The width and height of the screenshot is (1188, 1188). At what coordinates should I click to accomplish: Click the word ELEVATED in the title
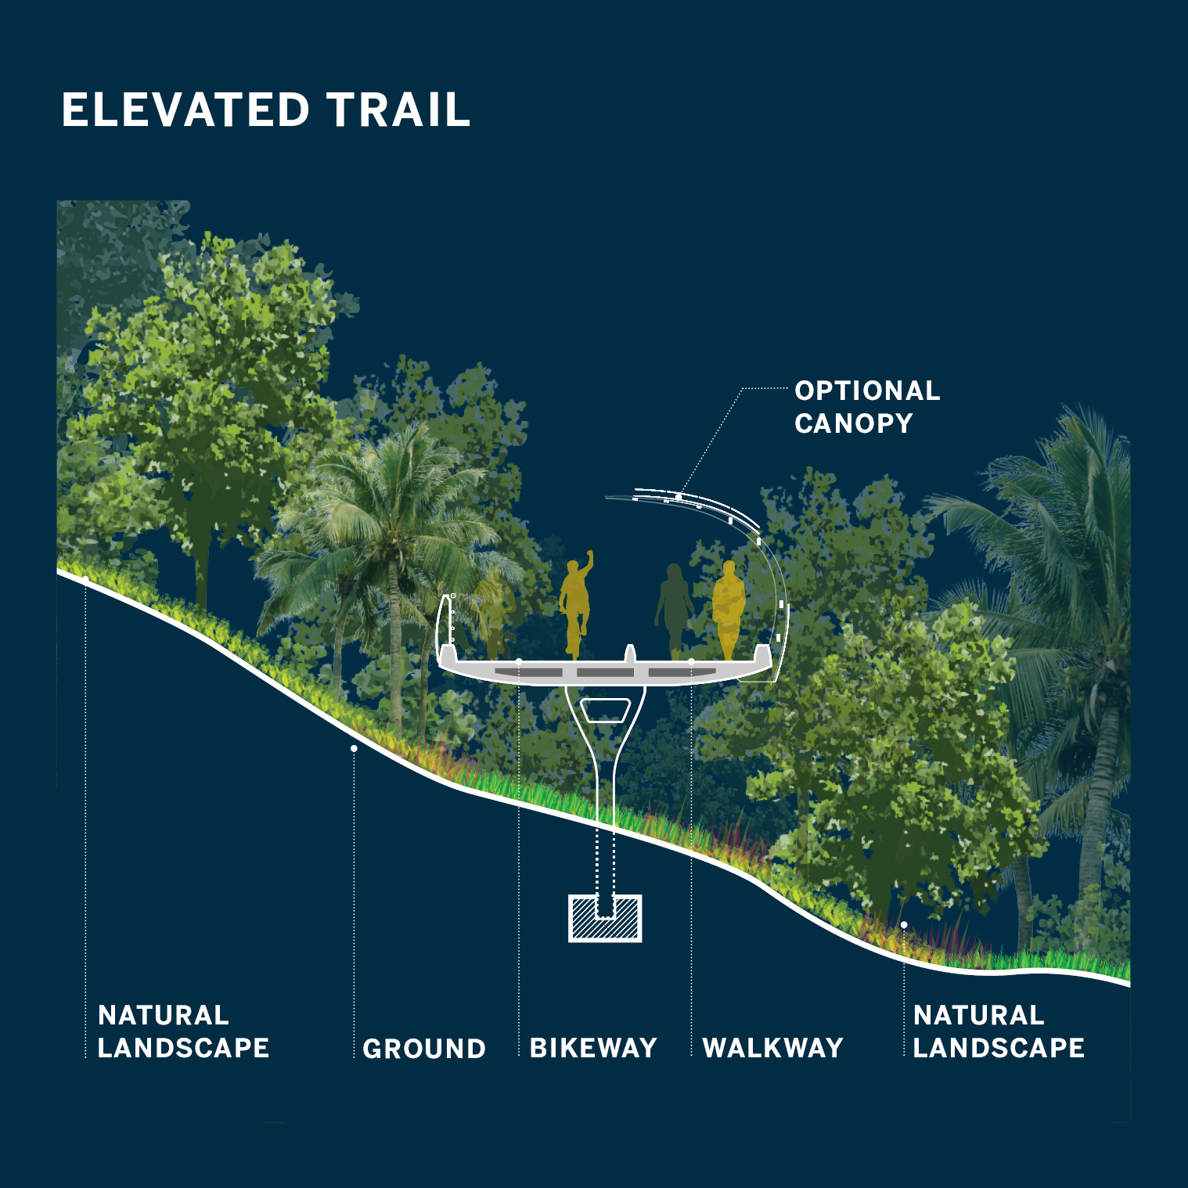186,110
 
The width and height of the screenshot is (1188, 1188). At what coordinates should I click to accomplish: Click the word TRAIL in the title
399,110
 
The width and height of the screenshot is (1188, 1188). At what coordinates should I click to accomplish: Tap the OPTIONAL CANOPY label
867,407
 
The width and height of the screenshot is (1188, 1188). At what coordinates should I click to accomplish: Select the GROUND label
424,1049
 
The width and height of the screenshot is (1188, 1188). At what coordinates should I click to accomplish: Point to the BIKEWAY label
593,1048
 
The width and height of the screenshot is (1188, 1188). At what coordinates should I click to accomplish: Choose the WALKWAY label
773,1048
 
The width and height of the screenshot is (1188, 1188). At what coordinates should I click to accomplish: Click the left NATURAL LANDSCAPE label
183,1031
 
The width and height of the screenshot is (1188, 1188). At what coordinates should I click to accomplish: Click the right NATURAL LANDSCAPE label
999,1031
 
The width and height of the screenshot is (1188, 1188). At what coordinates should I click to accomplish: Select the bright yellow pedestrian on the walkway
729,607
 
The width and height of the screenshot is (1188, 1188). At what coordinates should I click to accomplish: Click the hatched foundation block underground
605,918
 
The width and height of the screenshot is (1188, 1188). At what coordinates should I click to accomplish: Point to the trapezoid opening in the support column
605,710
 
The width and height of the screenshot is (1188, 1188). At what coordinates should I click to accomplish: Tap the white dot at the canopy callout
679,496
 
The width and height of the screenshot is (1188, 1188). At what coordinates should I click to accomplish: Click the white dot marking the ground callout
354,749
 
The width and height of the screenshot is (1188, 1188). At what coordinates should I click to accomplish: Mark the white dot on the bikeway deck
519,662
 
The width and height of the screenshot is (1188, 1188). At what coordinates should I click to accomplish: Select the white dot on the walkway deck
691,662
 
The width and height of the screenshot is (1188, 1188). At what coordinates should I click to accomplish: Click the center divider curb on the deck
629,654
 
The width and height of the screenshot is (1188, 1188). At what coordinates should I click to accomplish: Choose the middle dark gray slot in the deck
605,672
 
